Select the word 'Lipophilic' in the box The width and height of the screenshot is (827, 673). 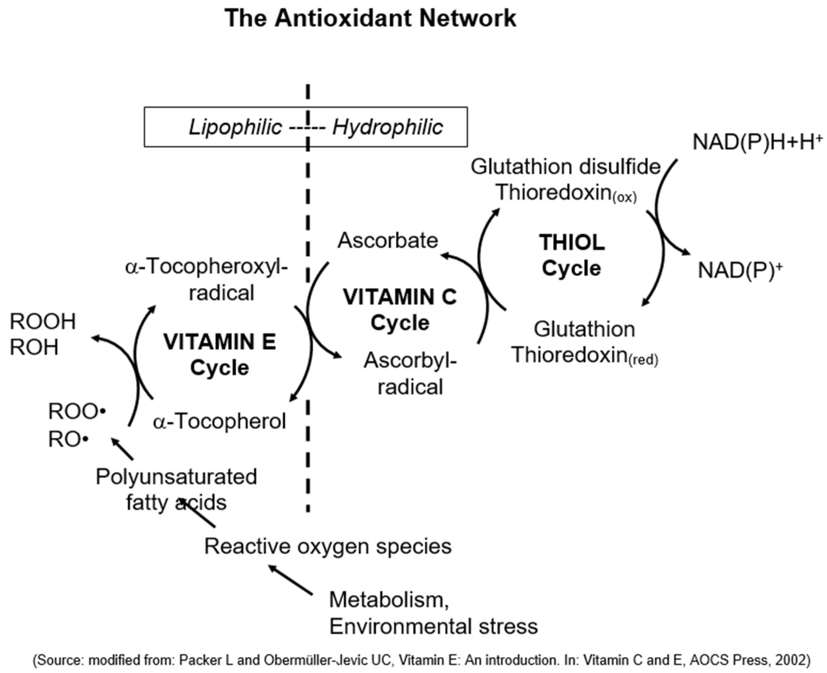coord(235,127)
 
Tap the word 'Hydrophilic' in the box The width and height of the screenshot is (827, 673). coord(387,127)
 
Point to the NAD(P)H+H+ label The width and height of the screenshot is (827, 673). coord(757,142)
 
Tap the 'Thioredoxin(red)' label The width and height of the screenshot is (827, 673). coord(585,355)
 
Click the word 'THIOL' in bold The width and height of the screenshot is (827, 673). coord(572,243)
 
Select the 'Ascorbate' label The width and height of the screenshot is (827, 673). coord(388,240)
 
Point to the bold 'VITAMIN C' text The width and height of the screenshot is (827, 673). coord(400,297)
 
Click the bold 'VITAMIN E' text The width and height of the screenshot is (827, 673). coord(219,342)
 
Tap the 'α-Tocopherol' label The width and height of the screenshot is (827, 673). coord(219,421)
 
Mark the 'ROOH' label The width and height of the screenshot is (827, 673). coord(43,321)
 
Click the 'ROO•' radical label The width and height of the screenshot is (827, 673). coord(77,411)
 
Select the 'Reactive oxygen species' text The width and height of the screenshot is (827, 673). coord(328,546)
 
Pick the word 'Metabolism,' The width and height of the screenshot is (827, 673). coord(389,600)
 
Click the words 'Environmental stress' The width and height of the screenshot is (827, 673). coord(433,627)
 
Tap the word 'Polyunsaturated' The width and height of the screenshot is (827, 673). coord(176,477)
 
